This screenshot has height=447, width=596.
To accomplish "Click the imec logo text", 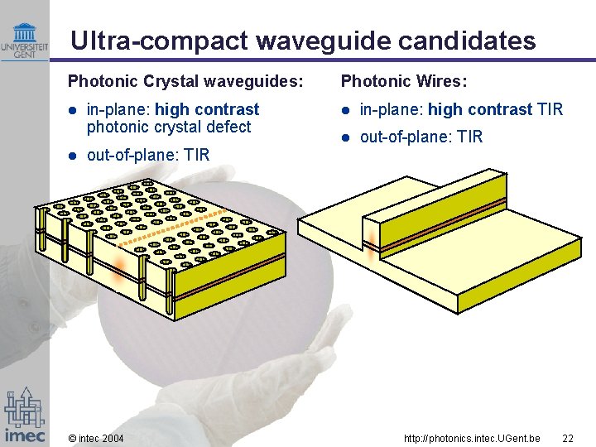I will click(x=25, y=435).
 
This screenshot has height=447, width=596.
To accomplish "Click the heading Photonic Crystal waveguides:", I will click(x=185, y=81).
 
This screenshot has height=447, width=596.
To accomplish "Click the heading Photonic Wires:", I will click(x=404, y=81).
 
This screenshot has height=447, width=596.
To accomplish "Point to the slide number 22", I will click(x=568, y=437).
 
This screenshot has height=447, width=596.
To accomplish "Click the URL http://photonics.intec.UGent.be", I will click(x=472, y=437).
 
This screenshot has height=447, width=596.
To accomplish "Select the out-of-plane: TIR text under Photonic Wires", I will click(x=421, y=137).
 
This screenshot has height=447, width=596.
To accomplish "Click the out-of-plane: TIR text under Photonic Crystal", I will click(x=147, y=155).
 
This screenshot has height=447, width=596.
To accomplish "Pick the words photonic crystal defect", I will click(x=168, y=127).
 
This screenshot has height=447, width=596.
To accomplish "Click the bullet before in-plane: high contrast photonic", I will click(x=73, y=110).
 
